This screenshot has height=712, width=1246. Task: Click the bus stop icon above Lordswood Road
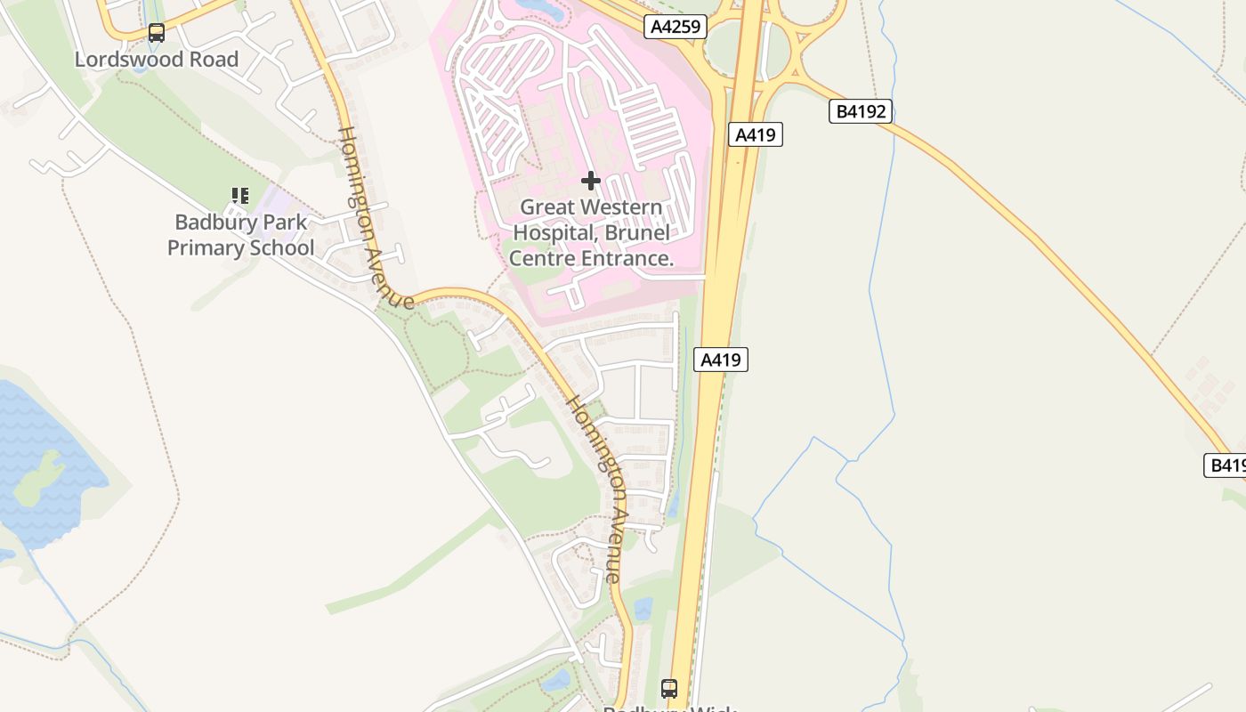(x=157, y=33)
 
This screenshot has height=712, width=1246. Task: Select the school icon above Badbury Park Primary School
(x=239, y=196)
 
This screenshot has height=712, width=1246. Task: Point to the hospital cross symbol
(x=590, y=182)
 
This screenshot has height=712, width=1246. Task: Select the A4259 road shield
(x=676, y=27)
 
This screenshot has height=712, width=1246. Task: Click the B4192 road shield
(x=860, y=112)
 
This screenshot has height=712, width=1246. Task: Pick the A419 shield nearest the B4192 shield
(x=756, y=135)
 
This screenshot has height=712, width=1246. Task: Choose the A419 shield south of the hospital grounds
(x=720, y=360)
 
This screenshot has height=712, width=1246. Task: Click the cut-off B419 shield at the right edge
(x=1226, y=465)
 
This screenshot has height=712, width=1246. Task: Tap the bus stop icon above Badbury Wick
(x=669, y=688)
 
